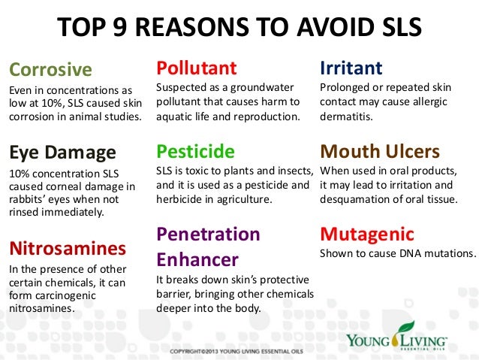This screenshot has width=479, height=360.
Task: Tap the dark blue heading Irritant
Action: [351, 68]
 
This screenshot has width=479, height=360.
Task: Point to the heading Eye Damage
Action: [62, 153]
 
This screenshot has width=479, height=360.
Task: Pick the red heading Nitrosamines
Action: [67, 247]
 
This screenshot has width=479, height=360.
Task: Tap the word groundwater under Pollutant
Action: [262, 89]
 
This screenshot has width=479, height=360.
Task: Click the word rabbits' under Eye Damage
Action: [30, 199]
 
